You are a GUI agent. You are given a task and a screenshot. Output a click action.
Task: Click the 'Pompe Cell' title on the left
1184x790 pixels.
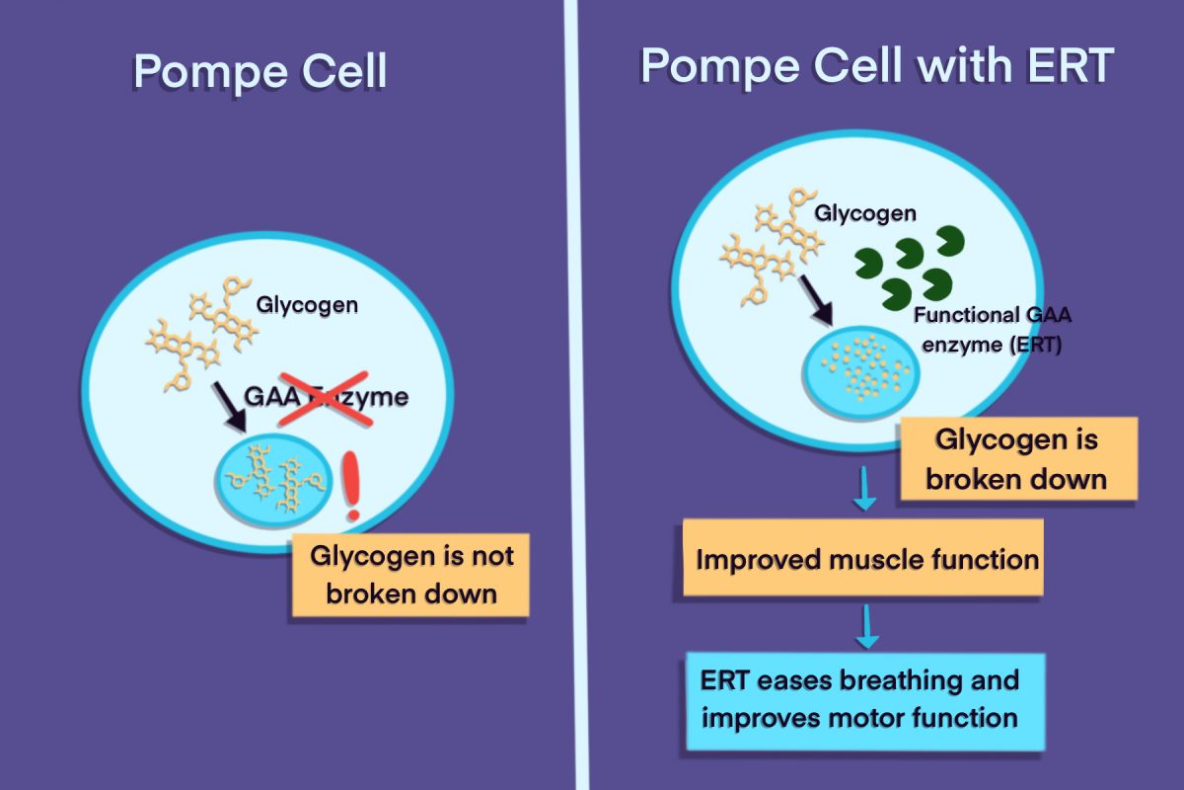point(259,72)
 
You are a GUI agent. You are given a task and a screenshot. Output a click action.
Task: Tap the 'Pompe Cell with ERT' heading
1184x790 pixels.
point(877,64)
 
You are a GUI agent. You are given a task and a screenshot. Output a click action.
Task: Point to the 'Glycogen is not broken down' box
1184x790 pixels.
point(411,576)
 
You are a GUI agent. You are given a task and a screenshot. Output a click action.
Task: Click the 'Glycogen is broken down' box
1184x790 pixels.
point(1017,458)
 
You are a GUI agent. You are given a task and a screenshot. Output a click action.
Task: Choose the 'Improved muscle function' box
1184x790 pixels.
point(864,559)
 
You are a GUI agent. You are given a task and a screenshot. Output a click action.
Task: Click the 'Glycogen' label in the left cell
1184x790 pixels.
point(307,305)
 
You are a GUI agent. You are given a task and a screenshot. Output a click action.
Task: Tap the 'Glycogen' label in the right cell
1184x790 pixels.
point(864,212)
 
